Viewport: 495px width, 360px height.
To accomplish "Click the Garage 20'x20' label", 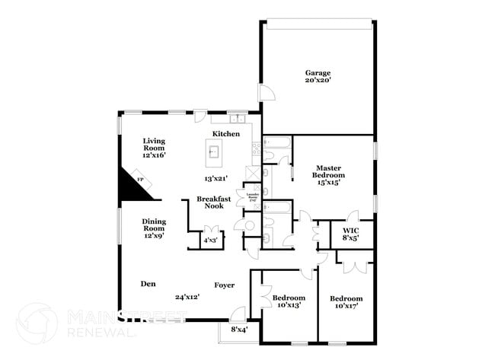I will coord(318,77).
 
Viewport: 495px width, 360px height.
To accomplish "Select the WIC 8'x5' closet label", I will coord(351,234).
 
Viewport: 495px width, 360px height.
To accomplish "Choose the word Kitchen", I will coord(226,134).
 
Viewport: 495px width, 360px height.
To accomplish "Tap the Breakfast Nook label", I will coord(214,202).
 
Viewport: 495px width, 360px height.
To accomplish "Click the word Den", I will coord(148,284).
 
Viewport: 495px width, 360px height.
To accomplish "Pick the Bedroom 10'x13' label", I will coord(289,301).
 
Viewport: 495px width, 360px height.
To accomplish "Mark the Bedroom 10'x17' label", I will coord(346,302).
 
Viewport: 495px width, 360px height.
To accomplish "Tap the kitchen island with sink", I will coord(214,152).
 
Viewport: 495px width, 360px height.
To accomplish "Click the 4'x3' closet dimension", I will coord(209,241).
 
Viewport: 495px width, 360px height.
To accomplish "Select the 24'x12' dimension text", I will coord(187,297).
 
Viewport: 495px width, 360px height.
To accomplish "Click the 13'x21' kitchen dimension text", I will coord(218,178).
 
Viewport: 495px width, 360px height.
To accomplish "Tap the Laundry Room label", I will coord(253,199).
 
